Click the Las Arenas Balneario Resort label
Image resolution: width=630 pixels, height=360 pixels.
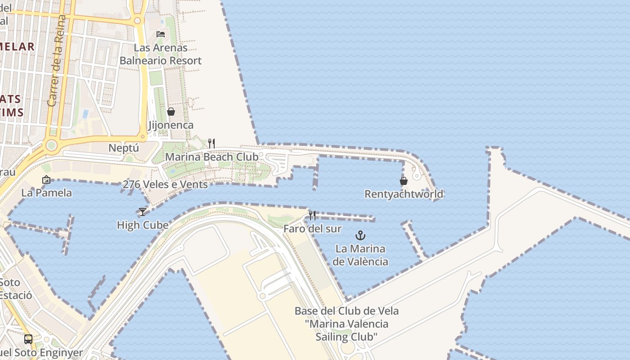(161, 54)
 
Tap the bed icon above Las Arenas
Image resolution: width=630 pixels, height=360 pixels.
(161, 34)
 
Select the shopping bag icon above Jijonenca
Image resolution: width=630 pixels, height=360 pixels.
(171, 111)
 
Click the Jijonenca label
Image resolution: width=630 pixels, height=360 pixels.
(171, 125)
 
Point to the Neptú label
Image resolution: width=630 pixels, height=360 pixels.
(124, 148)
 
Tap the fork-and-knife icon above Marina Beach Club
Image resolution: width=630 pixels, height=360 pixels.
(211, 144)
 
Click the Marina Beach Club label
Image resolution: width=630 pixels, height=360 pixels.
(211, 157)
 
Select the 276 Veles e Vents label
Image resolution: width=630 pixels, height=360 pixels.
(165, 184)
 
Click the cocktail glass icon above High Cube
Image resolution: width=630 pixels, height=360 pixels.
(143, 211)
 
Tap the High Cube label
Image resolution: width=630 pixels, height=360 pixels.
(143, 225)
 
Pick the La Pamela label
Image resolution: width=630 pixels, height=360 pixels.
(46, 193)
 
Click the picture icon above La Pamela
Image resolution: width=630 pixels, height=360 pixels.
(46, 180)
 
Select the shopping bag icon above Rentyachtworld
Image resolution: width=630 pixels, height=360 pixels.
(404, 181)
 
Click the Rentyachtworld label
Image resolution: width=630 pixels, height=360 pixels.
(404, 194)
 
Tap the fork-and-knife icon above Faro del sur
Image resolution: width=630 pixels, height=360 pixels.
(312, 215)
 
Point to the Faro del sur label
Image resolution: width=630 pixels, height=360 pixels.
(312, 229)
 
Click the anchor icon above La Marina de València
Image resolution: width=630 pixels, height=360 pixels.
(360, 235)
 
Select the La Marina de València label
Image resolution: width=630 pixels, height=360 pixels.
(361, 255)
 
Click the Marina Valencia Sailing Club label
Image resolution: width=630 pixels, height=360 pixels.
(346, 324)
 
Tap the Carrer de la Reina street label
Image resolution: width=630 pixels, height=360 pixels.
(57, 61)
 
